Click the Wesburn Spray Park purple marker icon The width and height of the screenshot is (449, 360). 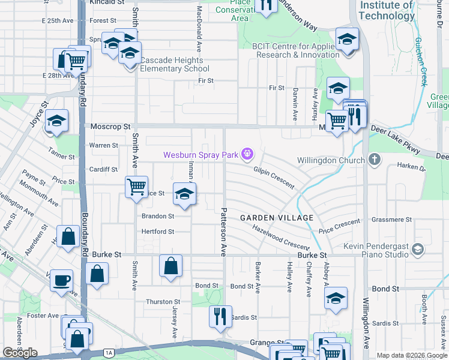247,155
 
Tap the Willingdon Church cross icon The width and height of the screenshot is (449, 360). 375,160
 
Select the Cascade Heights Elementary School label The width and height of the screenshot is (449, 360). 166,64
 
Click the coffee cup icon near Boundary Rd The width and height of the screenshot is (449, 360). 61,281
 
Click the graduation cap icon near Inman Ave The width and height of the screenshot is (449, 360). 185,194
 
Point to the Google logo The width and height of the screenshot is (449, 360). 20,353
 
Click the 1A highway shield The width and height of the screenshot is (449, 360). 108,353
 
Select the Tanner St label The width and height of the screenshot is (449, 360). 62,157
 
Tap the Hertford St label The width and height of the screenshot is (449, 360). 157,232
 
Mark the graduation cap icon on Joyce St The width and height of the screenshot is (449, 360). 56,121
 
